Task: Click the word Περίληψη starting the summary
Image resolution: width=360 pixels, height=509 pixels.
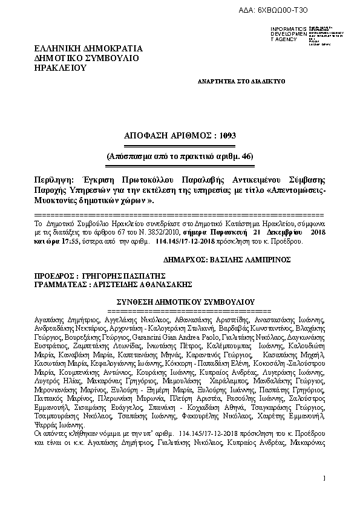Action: click(53, 180)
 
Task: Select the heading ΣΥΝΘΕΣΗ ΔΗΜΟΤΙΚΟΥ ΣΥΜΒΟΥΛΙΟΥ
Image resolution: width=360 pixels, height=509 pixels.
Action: click(185, 301)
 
